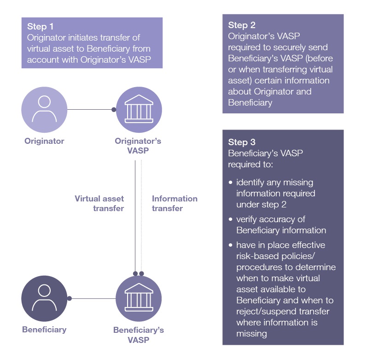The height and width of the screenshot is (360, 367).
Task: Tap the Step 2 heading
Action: click(242, 25)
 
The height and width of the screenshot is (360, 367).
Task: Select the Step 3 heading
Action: click(242, 142)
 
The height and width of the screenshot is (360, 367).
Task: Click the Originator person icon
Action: click(44, 109)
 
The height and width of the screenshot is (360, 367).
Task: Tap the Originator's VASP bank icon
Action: click(138, 109)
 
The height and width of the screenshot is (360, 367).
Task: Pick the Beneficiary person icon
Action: click(44, 298)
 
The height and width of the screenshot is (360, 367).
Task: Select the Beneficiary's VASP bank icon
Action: click(138, 298)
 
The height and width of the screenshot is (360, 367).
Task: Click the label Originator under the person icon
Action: click(44, 141)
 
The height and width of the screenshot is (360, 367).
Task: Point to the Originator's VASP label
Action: click(138, 146)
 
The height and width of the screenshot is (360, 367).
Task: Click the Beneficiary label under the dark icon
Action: click(44, 330)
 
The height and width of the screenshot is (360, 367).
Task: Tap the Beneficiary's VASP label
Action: click(138, 335)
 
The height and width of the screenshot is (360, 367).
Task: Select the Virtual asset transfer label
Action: click(99, 203)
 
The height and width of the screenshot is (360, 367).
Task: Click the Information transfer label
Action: click(175, 203)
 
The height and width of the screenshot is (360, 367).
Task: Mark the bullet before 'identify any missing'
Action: click(231, 183)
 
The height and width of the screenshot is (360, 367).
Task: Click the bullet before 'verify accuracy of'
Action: click(231, 219)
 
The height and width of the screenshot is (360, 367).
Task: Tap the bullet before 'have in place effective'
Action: click(231, 245)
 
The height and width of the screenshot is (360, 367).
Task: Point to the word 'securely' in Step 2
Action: click(285, 48)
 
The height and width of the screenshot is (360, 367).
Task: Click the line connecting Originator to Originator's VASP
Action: click(90, 110)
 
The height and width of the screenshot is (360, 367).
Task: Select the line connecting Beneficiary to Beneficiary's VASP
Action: click(92, 298)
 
